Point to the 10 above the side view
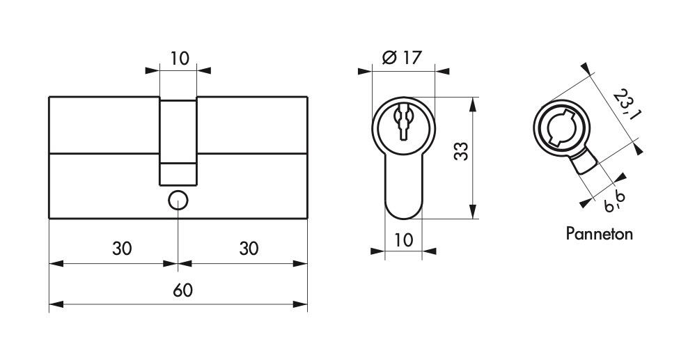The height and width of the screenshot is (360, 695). coord(179,58)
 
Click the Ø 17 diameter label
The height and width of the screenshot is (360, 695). coord(402,58)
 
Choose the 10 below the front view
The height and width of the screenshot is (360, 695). coord(403,240)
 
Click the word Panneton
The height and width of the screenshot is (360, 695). coord(599,233)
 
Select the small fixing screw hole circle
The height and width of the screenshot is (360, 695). coord(178,199)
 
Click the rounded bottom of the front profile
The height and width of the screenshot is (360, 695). coord(403,210)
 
